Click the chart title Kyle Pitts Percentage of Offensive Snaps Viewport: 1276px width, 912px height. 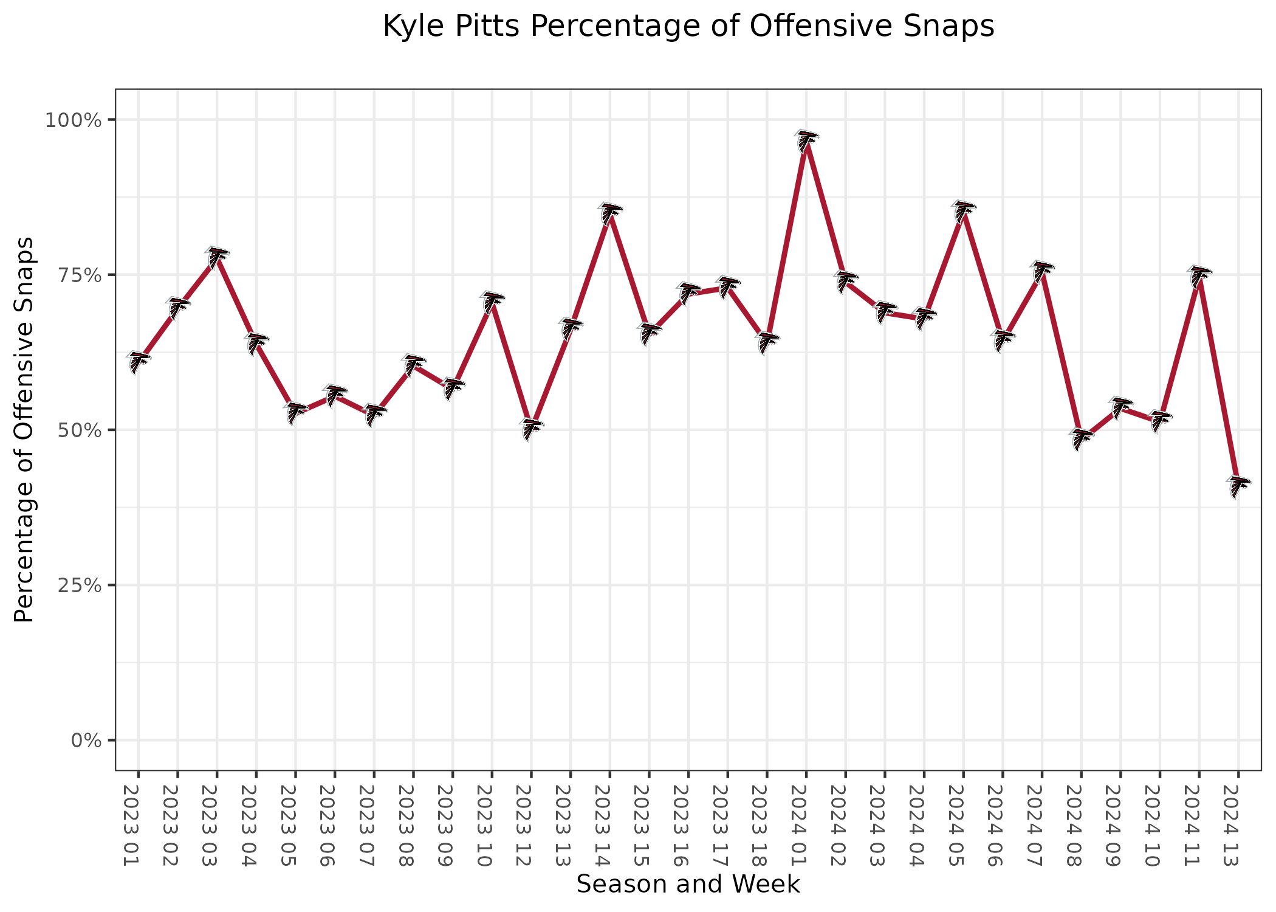point(688,27)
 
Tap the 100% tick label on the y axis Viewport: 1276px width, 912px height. point(72,120)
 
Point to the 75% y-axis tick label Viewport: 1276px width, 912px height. point(76,275)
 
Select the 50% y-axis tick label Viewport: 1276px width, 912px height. point(76,430)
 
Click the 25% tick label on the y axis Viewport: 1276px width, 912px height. point(76,585)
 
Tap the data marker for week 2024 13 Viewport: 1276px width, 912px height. point(1238,486)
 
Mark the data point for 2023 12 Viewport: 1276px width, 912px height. point(532,429)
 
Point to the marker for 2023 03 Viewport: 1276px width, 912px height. point(217,257)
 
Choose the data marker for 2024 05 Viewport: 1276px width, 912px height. point(963,211)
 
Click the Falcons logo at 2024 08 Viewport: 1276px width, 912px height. point(1081,440)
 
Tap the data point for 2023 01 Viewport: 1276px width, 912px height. point(139,362)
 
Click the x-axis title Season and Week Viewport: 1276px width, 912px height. point(688,884)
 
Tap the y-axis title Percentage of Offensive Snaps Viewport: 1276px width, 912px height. point(24,430)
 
